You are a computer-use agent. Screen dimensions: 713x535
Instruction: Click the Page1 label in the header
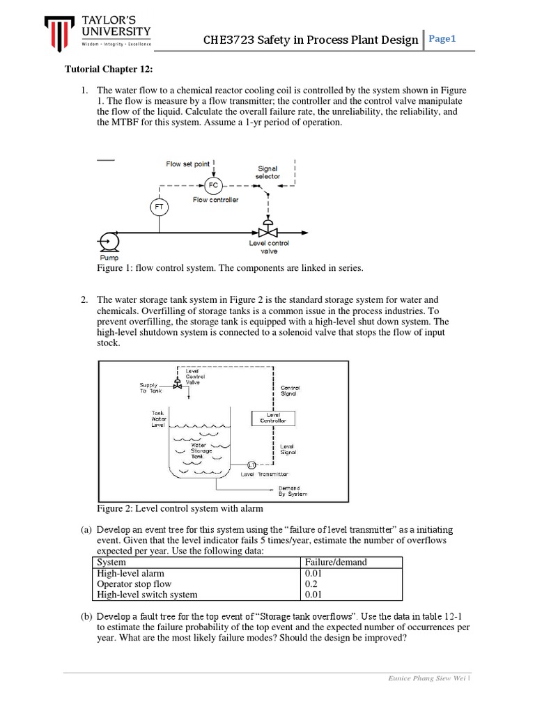442,39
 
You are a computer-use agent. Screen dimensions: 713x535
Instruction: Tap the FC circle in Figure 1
213,185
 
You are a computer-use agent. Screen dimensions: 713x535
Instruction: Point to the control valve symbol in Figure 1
264,230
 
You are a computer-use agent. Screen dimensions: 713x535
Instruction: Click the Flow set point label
187,164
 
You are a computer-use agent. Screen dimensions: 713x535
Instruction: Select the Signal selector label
267,172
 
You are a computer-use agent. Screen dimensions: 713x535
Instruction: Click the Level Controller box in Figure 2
272,418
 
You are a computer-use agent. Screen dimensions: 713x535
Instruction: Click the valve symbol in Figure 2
178,384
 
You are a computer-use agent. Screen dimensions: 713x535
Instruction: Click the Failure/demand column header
336,562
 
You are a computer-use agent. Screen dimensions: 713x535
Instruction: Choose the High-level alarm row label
130,573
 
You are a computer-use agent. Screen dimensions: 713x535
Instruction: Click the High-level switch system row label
147,595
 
